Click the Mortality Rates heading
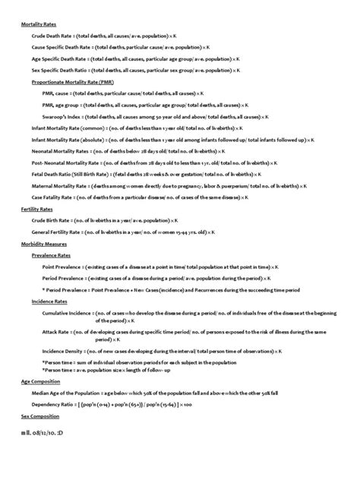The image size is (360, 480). (x=36, y=24)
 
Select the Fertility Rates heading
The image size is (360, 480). (x=35, y=207)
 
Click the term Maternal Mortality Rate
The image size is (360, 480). (x=59, y=185)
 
